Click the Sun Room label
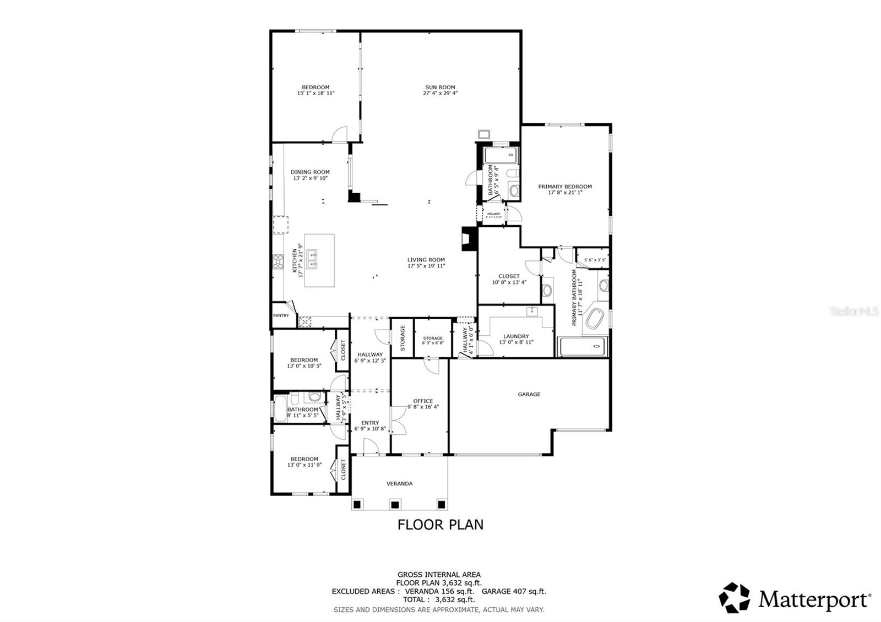click(x=440, y=87)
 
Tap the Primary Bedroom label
click(x=565, y=187)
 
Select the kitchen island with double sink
click(x=319, y=260)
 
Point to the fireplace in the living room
click(x=467, y=239)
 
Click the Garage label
click(x=529, y=394)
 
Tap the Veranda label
click(x=399, y=483)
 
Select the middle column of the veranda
click(x=394, y=504)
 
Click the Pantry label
click(x=281, y=315)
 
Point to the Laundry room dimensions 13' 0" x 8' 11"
click(x=516, y=342)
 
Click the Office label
click(x=423, y=401)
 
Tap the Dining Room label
click(x=310, y=172)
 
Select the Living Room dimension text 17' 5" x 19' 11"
click(x=426, y=266)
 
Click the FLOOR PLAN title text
click(x=440, y=525)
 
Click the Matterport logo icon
click(x=735, y=597)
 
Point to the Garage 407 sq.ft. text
click(x=514, y=591)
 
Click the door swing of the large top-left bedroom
click(x=342, y=134)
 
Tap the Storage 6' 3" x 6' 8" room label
click(x=433, y=338)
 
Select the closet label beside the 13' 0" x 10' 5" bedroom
click(x=342, y=350)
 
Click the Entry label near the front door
click(x=370, y=423)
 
